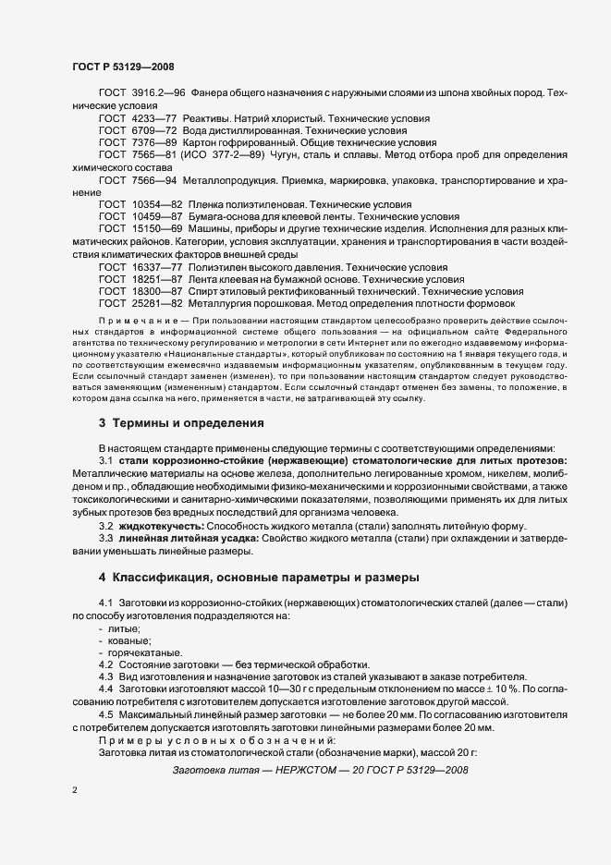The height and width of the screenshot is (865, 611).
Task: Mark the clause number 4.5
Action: point(105,713)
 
